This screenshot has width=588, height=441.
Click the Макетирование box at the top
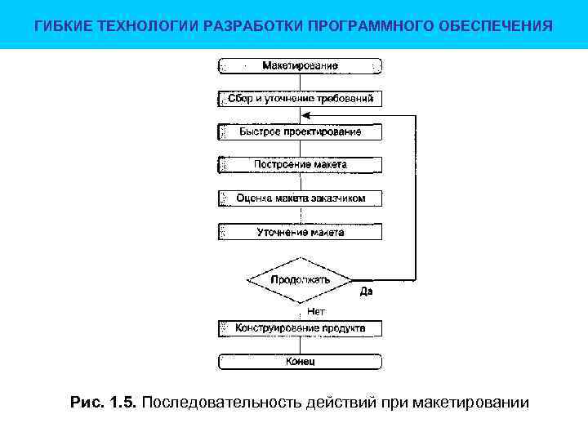pos(300,65)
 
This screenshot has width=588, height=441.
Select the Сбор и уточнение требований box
pos(300,99)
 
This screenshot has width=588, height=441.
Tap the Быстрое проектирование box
pos(300,131)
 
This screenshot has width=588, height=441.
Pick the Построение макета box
pos(300,164)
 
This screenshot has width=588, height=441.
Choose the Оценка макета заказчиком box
pos(300,198)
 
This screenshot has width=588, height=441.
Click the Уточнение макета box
pos(300,232)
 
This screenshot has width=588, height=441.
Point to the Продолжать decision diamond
pos(300,280)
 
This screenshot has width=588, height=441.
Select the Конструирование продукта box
pos(300,328)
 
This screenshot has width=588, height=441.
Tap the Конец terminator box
pos(300,361)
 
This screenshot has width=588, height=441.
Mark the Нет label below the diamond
pos(316,311)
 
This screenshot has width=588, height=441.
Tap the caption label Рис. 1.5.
pos(105,403)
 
